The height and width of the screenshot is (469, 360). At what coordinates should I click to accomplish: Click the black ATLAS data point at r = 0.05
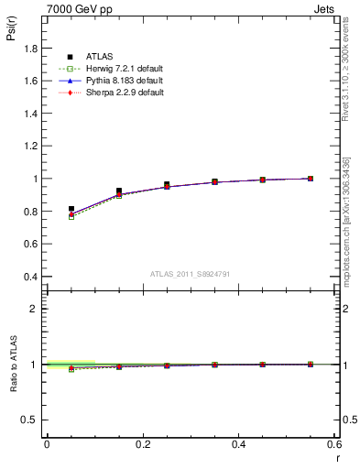pyautogui.click(x=71, y=210)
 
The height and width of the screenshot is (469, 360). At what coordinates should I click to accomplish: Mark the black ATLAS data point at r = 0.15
pyautogui.click(x=119, y=191)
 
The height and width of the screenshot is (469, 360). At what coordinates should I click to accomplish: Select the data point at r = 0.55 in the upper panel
pyautogui.click(x=311, y=179)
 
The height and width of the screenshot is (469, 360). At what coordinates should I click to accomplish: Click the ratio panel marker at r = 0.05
pyautogui.click(x=71, y=368)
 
